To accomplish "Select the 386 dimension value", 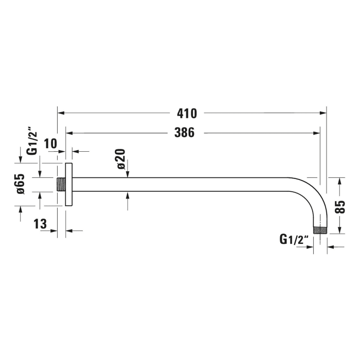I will point(184,133).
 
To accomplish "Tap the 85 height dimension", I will point(339,206).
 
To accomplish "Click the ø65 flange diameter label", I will point(21,184).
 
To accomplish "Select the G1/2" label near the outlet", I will point(294,239).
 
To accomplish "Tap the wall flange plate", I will point(68,184).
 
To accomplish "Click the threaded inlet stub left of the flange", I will point(61,184).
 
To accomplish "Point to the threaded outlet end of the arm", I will point(320,230).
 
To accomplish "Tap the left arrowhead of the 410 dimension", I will point(60,113).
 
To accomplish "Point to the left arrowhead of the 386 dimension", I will point(68,133).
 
